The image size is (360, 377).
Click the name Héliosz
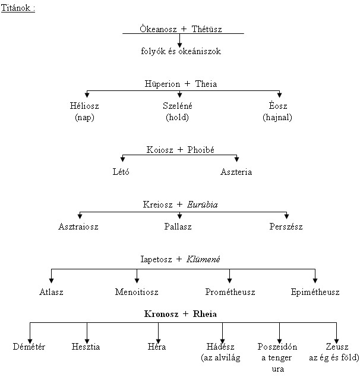click(x=85, y=106)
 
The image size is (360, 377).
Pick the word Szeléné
click(x=178, y=106)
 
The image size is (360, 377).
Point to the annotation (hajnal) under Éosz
click(x=277, y=117)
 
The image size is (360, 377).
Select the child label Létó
click(x=121, y=172)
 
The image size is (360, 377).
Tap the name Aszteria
click(x=236, y=172)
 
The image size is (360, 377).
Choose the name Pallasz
click(x=179, y=227)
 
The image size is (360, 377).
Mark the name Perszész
click(x=286, y=227)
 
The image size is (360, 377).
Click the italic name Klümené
click(x=204, y=260)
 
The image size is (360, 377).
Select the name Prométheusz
click(x=229, y=292)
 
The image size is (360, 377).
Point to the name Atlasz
click(x=51, y=292)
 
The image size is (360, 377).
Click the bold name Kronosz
click(x=161, y=313)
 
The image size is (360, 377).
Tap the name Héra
click(x=157, y=346)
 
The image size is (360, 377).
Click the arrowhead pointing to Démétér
click(x=30, y=338)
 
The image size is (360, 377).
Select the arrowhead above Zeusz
click(x=336, y=338)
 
